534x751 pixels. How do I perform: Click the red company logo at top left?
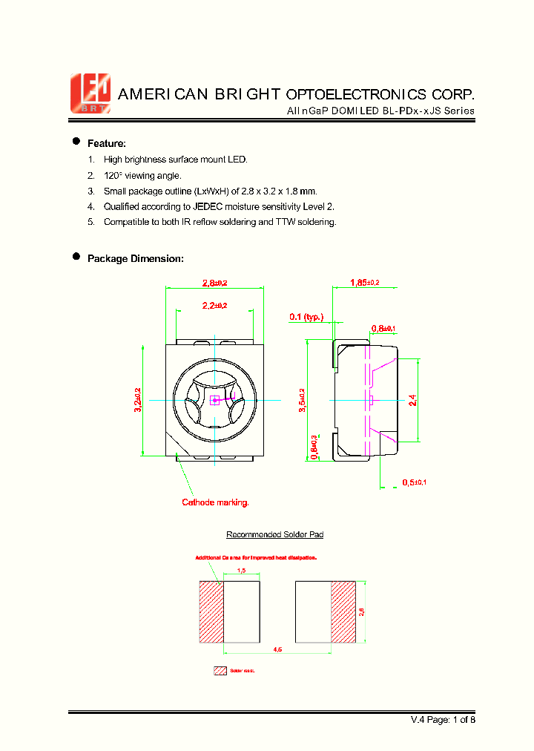pyautogui.click(x=90, y=94)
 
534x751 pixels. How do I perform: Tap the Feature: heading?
pyautogui.click(x=107, y=143)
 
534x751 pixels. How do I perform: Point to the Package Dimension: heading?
pyautogui.click(x=135, y=258)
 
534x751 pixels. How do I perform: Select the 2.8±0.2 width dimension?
pyautogui.click(x=215, y=282)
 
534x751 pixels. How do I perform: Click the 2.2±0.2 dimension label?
pyautogui.click(x=215, y=305)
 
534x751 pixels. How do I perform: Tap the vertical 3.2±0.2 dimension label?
pyautogui.click(x=138, y=401)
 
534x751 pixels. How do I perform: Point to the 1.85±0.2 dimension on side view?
pyautogui.click(x=365, y=282)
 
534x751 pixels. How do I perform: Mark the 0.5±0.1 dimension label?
pyautogui.click(x=414, y=482)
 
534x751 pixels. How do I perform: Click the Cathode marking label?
pyautogui.click(x=216, y=502)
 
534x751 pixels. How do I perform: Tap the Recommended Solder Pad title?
pyautogui.click(x=274, y=534)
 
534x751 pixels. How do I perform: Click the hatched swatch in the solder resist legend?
pyautogui.click(x=220, y=670)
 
